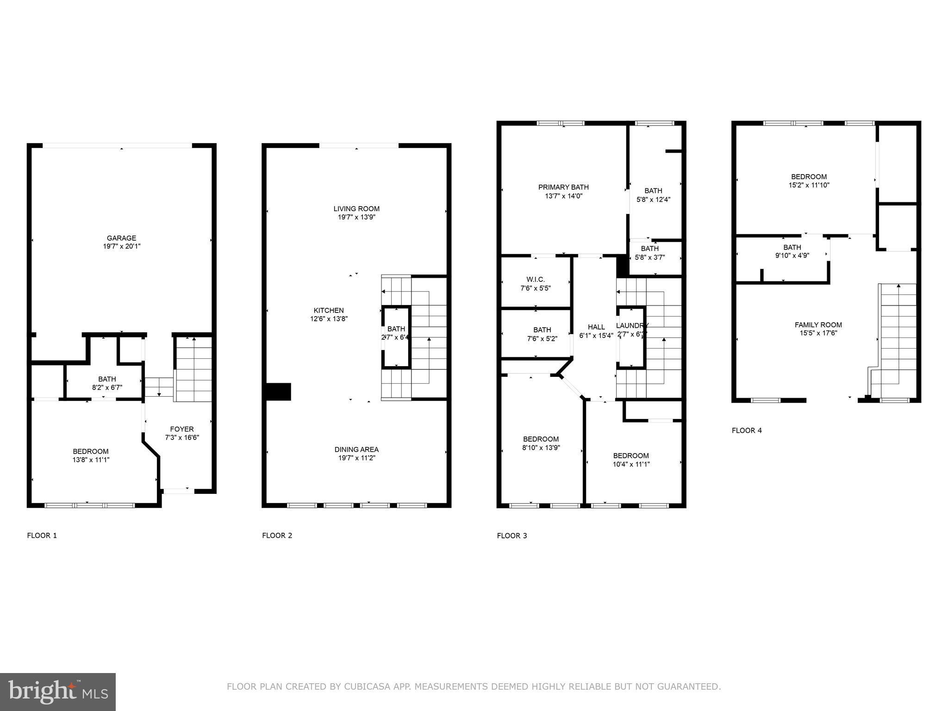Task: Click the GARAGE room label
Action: coord(122,238)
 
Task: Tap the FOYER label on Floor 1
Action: coord(181,429)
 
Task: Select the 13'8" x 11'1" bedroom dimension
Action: coord(91,460)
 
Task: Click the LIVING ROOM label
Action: coord(356,209)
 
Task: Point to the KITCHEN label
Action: coord(329,311)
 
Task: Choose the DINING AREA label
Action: coord(356,449)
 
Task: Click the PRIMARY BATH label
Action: coord(563,187)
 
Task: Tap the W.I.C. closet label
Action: coord(536,280)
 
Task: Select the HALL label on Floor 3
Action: coord(596,327)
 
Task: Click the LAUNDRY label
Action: coord(632,325)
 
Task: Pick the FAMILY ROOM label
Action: coord(818,325)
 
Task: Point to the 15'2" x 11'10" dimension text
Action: coord(809,185)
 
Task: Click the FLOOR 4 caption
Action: coord(747,430)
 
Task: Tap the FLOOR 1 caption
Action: coord(42,536)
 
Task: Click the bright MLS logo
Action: coord(58,692)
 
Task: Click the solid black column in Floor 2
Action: coord(278,392)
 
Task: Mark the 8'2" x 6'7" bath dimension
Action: coord(107,387)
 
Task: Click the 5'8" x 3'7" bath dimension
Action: coord(650,257)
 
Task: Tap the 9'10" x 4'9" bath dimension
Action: coord(792,255)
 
